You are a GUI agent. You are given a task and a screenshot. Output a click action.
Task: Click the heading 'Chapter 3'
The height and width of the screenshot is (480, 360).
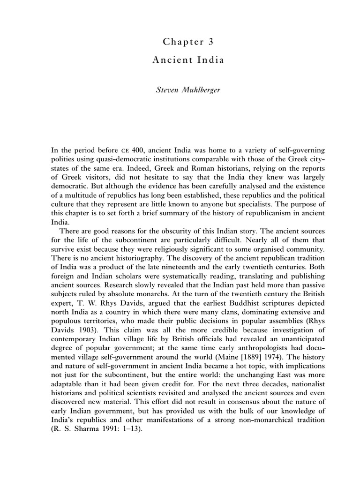(183, 42)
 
